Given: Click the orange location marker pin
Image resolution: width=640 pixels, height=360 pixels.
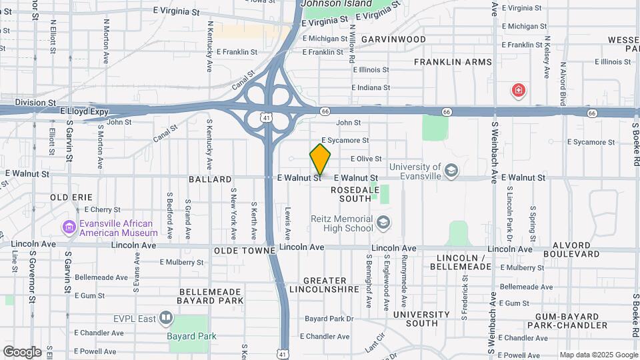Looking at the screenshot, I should pyautogui.click(x=320, y=159).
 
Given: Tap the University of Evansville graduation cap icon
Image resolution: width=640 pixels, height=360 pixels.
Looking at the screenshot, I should pyautogui.click(x=451, y=171).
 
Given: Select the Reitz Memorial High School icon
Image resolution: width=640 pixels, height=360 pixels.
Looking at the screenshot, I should pyautogui.click(x=383, y=223).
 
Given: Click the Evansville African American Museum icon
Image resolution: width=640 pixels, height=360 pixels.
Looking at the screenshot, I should pyautogui.click(x=69, y=228).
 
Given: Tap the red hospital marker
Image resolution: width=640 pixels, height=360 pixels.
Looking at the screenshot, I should pyautogui.click(x=518, y=90).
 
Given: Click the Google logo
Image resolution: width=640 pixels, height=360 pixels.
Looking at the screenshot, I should pyautogui.click(x=22, y=351).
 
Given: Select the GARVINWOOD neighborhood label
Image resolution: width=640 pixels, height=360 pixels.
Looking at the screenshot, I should pyautogui.click(x=393, y=39).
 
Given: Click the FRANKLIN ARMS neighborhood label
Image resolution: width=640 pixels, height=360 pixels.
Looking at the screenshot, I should pyautogui.click(x=453, y=62).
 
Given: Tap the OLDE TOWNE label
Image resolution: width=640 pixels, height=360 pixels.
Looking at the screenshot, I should pyautogui.click(x=245, y=251).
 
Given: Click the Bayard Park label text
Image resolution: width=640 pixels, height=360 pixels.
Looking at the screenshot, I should pyautogui.click(x=193, y=336).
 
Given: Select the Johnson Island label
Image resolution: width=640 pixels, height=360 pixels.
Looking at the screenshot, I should pyautogui.click(x=336, y=4).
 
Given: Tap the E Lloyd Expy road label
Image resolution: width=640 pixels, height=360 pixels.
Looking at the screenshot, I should pyautogui.click(x=84, y=111).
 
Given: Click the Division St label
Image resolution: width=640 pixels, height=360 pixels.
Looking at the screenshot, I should pyautogui.click(x=35, y=103).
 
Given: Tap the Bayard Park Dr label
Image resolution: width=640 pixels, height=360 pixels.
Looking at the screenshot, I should pyautogui.click(x=329, y=319).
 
